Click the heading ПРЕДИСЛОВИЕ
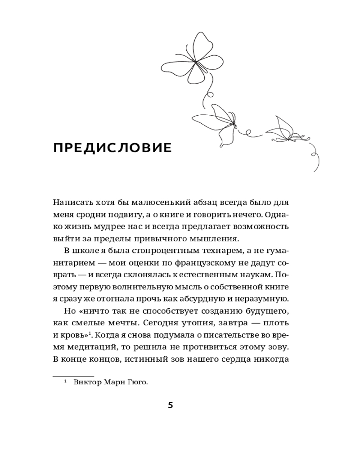click(x=112, y=148)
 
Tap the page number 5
click(x=170, y=405)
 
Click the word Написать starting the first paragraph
click(x=71, y=202)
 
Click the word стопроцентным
click(x=157, y=251)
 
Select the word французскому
click(x=188, y=262)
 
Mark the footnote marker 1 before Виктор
click(x=65, y=382)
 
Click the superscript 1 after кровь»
click(x=90, y=333)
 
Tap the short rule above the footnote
click(x=73, y=375)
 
